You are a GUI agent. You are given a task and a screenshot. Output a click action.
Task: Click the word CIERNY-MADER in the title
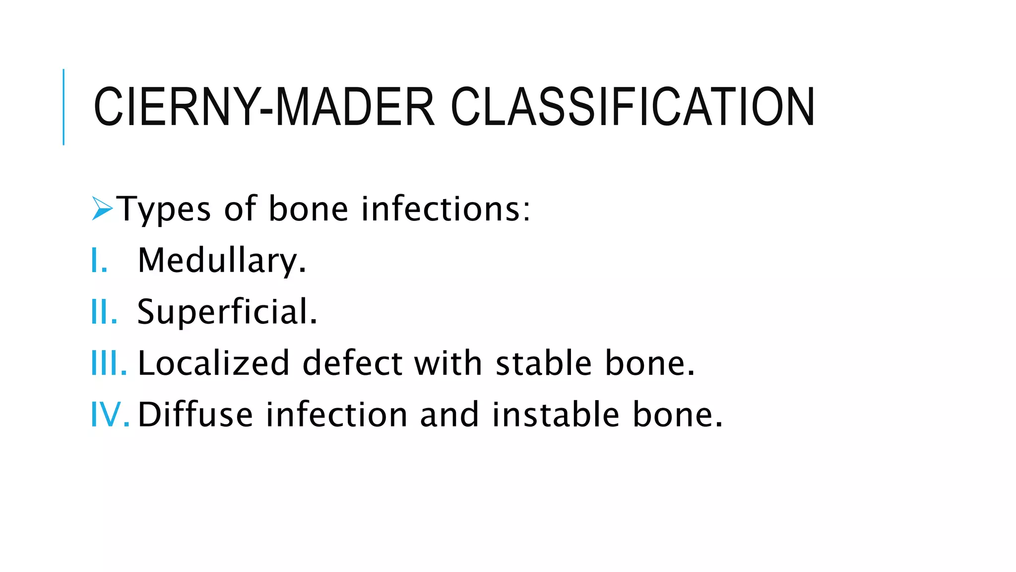(x=263, y=107)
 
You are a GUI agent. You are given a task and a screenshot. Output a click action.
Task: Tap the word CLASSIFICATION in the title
(x=633, y=107)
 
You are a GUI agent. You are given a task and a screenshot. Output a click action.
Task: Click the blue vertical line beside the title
(x=63, y=107)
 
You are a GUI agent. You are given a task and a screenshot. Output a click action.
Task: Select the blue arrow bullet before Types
(x=102, y=209)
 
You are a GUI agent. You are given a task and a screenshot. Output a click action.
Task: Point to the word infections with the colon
(x=446, y=209)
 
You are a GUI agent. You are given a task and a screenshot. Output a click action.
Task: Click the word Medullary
(x=222, y=261)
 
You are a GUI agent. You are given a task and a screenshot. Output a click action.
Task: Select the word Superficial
(x=227, y=312)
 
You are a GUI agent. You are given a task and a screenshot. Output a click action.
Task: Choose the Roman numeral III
(x=109, y=363)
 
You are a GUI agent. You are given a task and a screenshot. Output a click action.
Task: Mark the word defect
(x=352, y=363)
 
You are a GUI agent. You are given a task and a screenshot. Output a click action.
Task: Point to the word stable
(x=544, y=363)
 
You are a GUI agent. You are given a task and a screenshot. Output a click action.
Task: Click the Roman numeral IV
(x=110, y=415)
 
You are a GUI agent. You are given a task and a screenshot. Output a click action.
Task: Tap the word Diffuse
(x=195, y=415)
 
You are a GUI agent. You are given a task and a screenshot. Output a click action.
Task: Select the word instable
(x=556, y=415)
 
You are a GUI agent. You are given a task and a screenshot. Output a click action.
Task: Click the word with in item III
(x=448, y=363)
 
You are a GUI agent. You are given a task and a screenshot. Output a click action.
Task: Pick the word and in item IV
(x=449, y=415)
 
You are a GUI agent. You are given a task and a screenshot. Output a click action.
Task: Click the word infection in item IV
(x=337, y=415)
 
